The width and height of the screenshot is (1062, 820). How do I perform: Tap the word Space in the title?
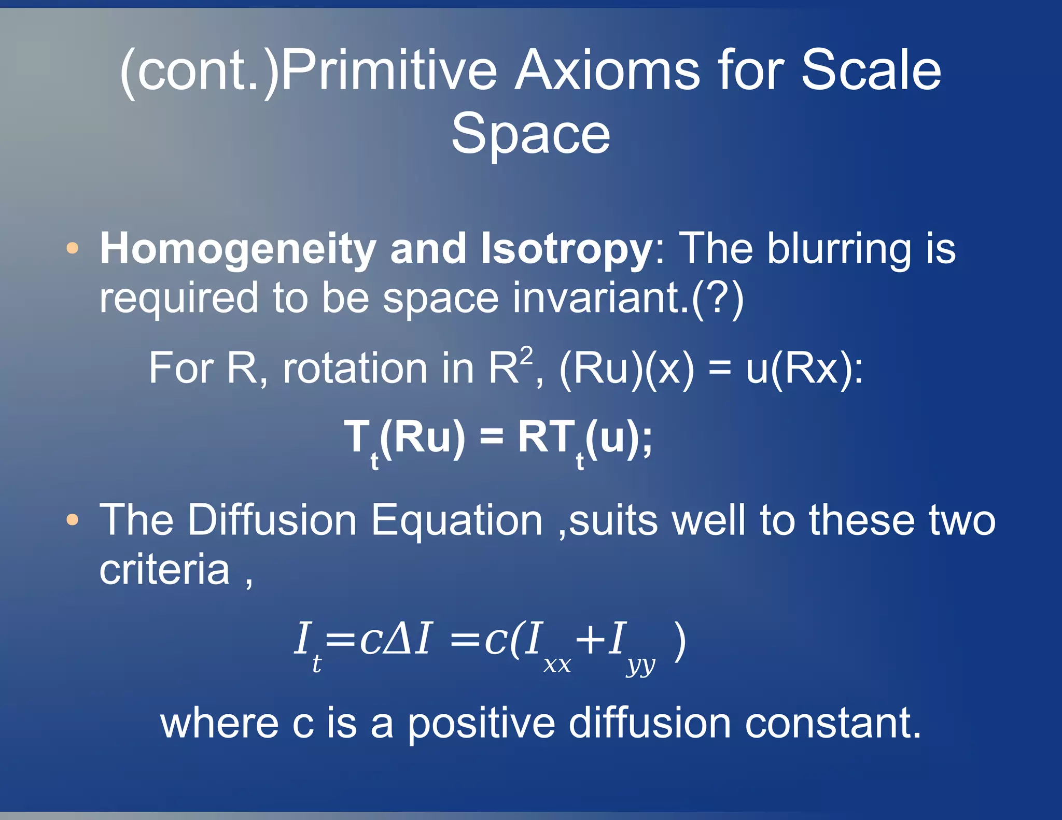(530, 134)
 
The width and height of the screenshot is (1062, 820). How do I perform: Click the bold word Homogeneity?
(237, 249)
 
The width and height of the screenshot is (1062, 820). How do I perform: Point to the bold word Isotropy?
(567, 249)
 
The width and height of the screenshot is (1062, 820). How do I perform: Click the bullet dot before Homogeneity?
(73, 248)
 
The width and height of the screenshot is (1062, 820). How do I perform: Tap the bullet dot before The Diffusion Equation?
(73, 519)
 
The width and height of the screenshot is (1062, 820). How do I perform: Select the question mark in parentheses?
(718, 298)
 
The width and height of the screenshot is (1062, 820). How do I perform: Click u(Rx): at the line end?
(804, 369)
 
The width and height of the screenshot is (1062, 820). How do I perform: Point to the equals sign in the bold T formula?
(491, 437)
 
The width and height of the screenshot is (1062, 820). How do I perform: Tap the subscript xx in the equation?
(557, 665)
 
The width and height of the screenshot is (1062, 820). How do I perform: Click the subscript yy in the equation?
(641, 666)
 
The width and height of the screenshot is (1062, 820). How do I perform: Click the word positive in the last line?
(480, 724)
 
